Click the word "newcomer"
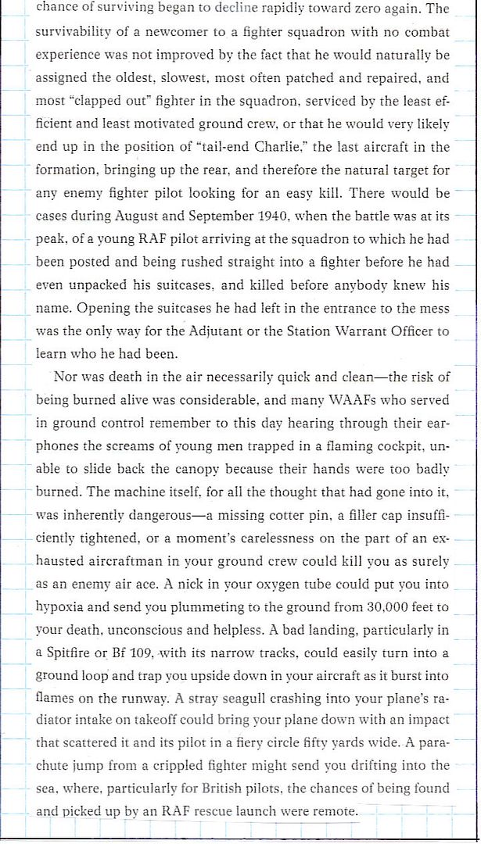(176, 33)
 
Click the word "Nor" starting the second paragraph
(65, 377)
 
